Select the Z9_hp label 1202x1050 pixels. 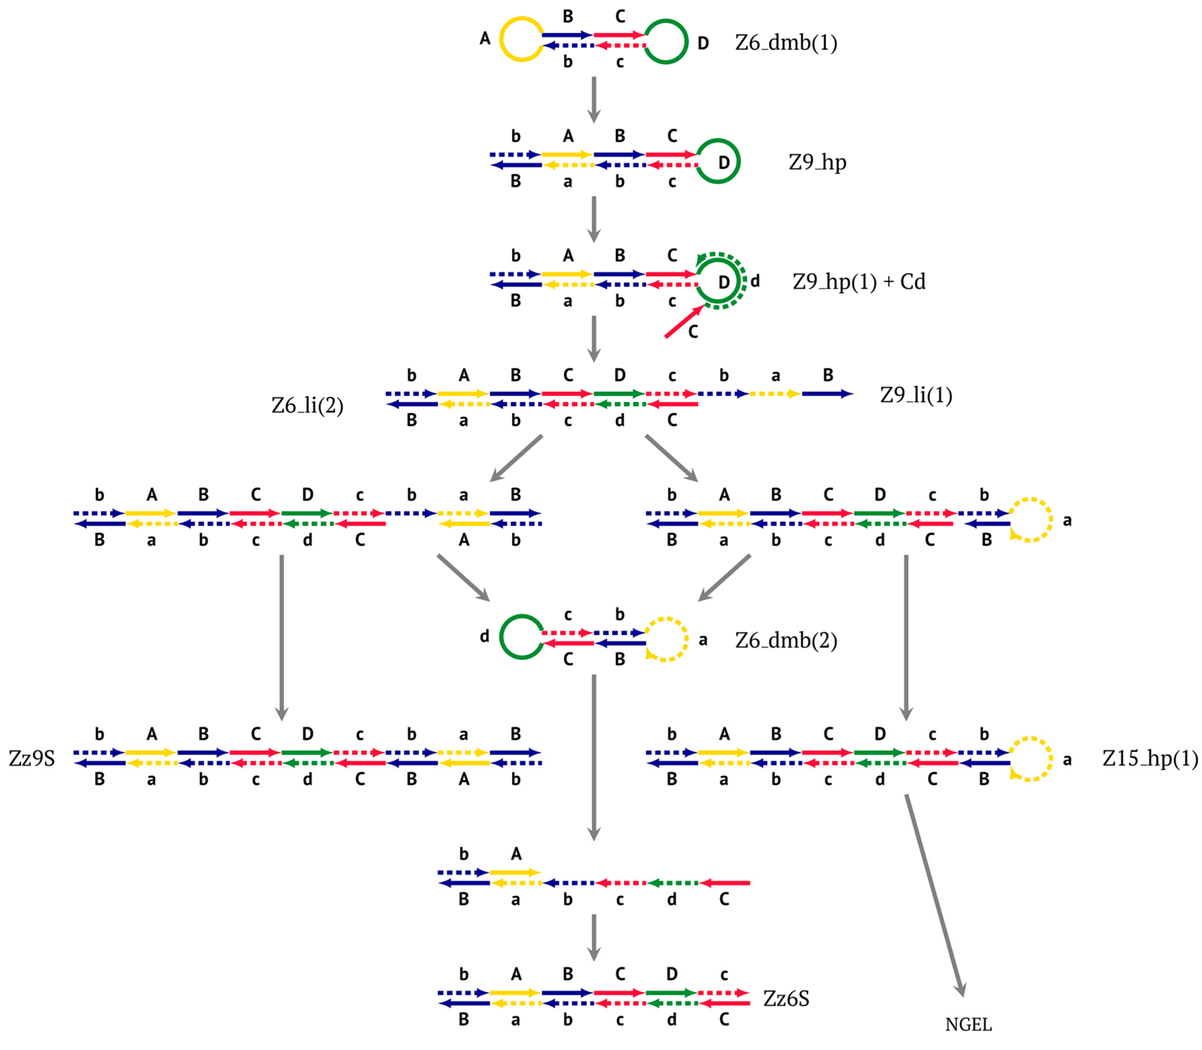(817, 162)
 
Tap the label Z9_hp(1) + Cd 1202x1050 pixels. (858, 282)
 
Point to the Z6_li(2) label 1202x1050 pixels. (307, 406)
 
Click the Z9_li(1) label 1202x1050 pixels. (915, 395)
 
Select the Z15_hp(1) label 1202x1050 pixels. (1149, 759)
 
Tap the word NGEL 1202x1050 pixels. (968, 1025)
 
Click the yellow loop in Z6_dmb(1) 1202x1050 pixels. (520, 39)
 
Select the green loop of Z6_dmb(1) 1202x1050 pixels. (666, 41)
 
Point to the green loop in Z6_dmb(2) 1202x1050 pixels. (520, 637)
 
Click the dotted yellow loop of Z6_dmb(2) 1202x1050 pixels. (666, 639)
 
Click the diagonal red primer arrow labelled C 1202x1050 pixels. (683, 322)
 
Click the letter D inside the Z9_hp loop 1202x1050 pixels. (724, 162)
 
